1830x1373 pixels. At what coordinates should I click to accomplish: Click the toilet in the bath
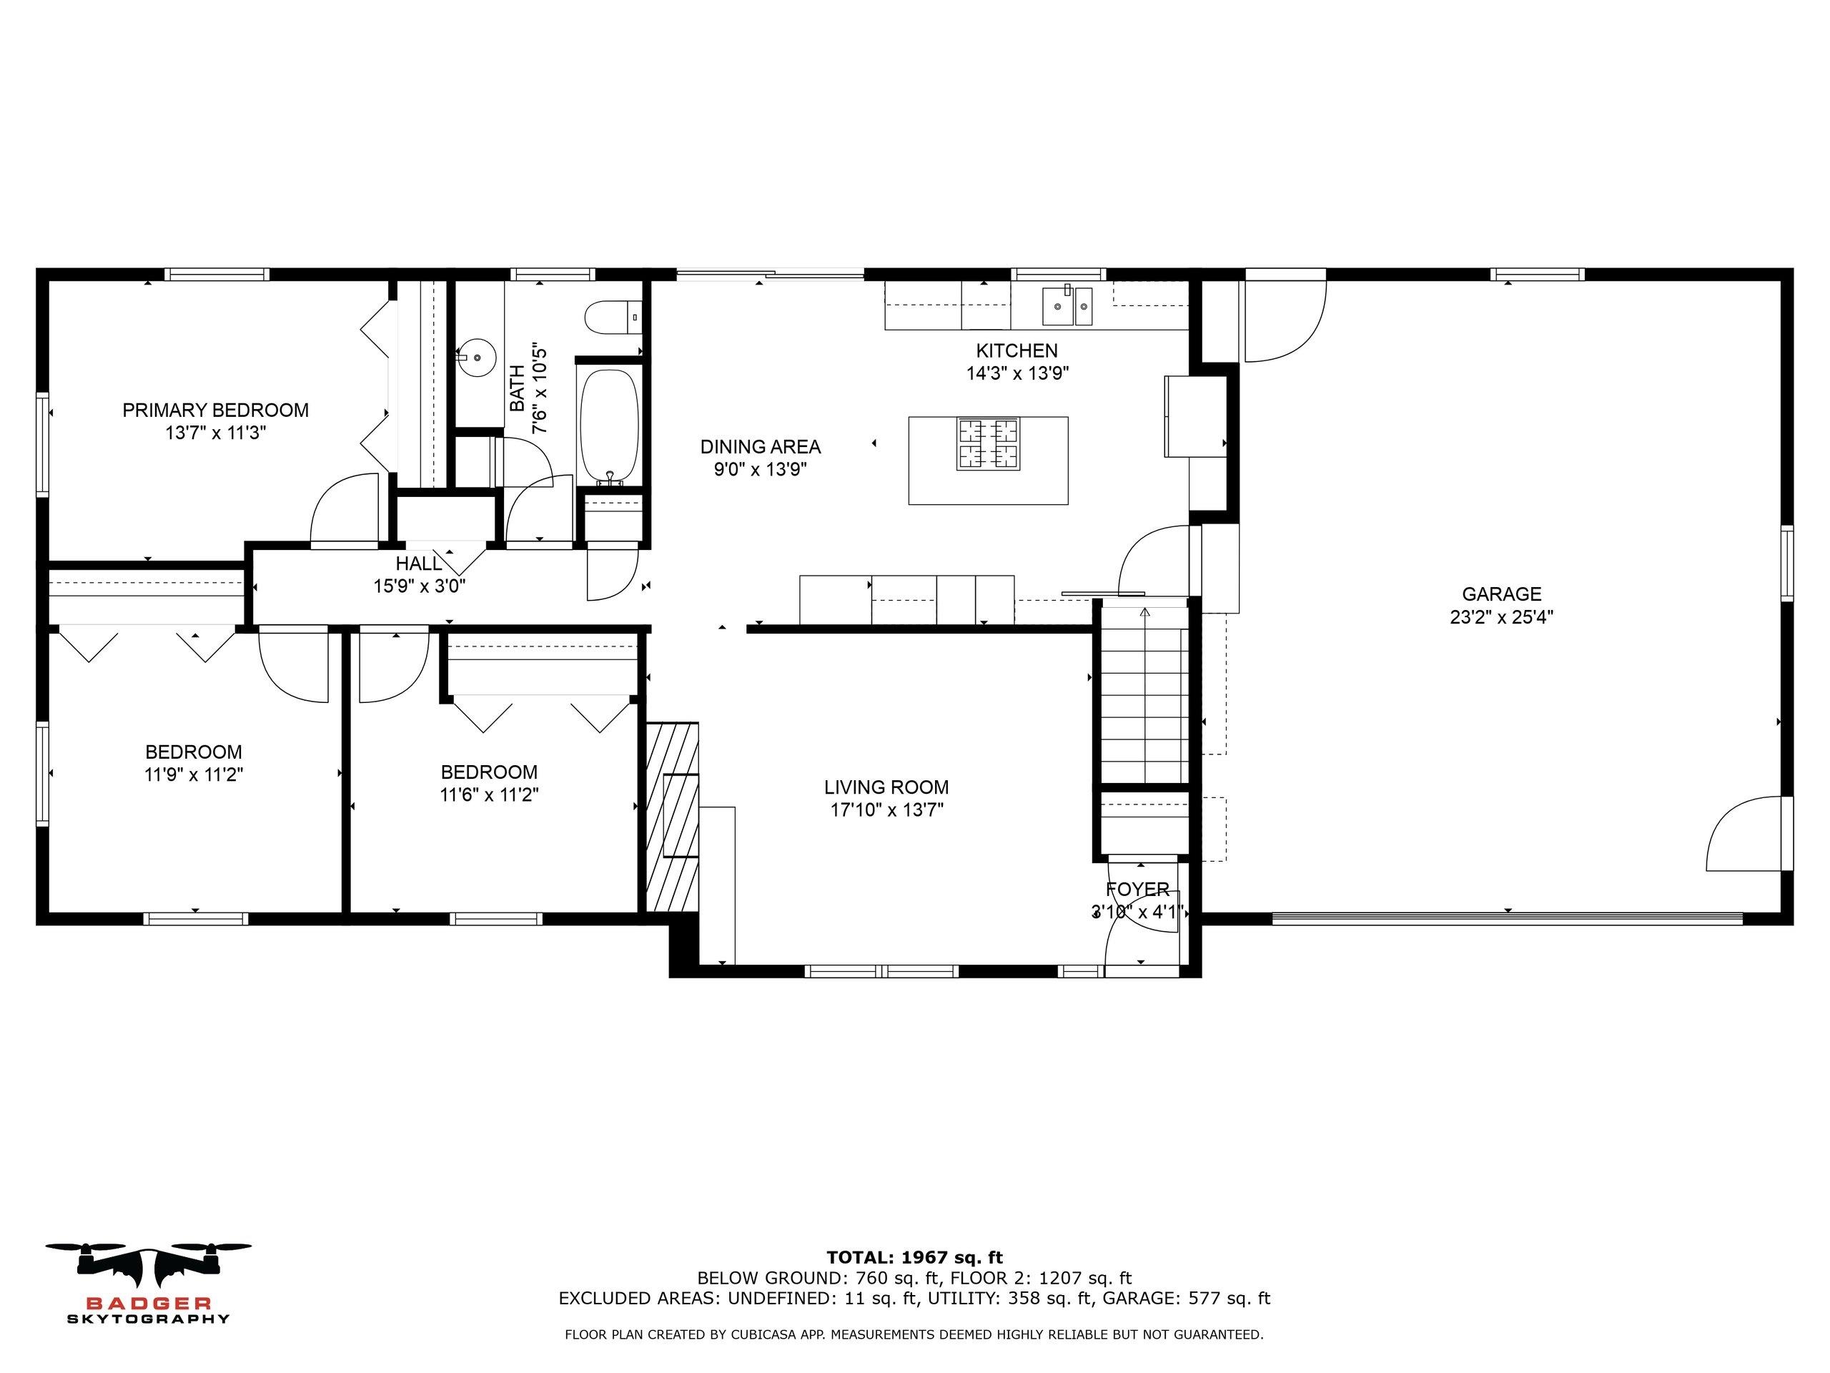[x=613, y=317]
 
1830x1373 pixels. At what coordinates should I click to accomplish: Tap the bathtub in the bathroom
[x=609, y=425]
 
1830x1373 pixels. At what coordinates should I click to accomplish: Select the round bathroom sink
[x=477, y=358]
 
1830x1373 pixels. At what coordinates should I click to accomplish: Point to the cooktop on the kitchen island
[x=988, y=444]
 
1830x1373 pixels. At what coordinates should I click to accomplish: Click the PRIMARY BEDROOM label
[x=215, y=410]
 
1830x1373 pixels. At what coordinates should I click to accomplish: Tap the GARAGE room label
[x=1502, y=594]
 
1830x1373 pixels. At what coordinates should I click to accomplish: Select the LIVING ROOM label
[x=886, y=787]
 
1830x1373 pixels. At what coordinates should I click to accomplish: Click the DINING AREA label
[x=761, y=447]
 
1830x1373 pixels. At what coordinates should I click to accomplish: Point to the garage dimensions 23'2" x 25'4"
[x=1502, y=616]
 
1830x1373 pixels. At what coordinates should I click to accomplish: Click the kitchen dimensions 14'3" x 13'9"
[x=1018, y=373]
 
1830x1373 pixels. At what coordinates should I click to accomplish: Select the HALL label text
[x=419, y=564]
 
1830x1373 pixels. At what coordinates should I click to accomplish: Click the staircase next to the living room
[x=1145, y=695]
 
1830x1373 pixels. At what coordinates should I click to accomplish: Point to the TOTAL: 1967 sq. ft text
[x=914, y=1259]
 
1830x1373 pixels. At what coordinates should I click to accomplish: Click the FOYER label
[x=1137, y=890]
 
